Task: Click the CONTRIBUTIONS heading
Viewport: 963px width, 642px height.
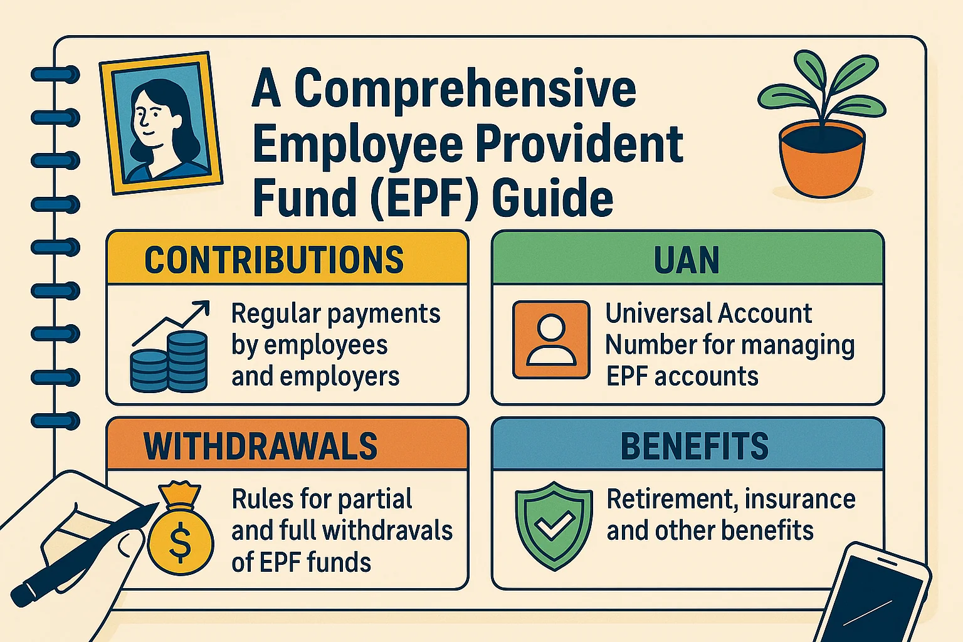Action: coord(274,260)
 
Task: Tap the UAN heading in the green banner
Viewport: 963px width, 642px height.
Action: coord(687,260)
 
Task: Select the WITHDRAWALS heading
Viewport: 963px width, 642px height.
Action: coord(261,446)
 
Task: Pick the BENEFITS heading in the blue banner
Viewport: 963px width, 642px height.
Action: coord(694,446)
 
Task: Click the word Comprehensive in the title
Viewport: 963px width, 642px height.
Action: coord(465,89)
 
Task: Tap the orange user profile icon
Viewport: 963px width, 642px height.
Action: coord(551,340)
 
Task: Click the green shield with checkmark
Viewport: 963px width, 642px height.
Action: coord(553,525)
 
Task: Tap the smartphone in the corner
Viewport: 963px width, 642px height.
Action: coord(875,596)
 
